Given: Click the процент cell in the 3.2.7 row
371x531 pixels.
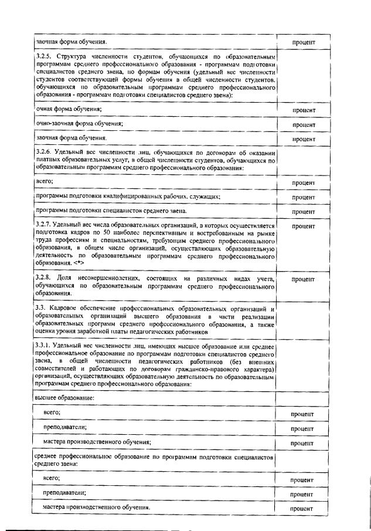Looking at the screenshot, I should click(303, 226).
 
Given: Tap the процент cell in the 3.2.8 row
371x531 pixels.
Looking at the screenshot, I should click(303, 279).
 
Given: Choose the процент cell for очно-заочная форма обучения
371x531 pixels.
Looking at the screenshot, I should click(303, 125).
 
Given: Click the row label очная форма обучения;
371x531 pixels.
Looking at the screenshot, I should click(68, 110).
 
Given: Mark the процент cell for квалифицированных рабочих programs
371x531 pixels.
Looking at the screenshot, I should click(303, 198).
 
